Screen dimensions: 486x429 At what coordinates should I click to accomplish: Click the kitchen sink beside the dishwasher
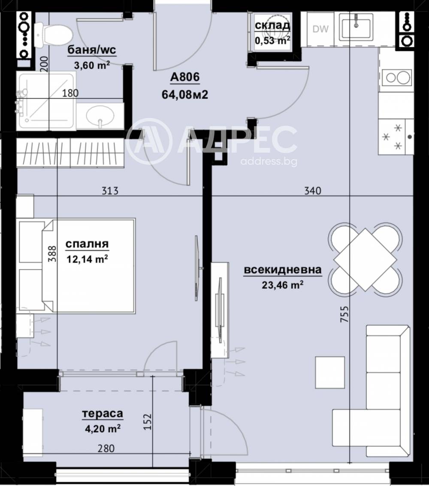pos(356,26)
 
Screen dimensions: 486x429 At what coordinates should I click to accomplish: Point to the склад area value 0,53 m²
pos(272,40)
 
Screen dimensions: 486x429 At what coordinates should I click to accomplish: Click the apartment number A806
pos(185,78)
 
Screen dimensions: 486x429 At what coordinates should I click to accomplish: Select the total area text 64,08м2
pos(185,94)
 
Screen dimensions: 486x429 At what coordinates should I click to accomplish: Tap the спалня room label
pos(87,245)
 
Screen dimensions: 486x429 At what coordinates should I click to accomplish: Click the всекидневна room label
pos(283,270)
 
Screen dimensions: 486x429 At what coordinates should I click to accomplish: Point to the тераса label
pos(103,414)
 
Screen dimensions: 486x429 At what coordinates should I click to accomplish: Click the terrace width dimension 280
pos(107,449)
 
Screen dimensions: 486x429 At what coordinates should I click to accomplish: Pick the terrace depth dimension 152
pos(147,423)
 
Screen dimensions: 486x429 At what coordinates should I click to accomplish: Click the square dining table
pos(365,260)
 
